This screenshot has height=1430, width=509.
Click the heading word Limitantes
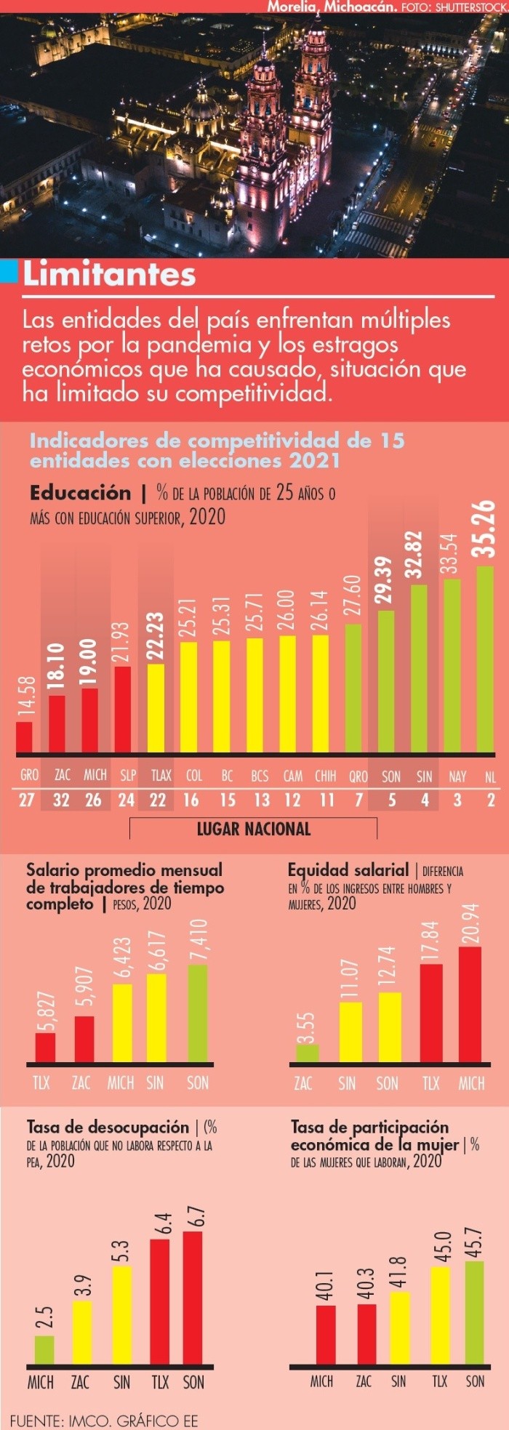[x=109, y=275]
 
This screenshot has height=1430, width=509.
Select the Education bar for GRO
[x=24, y=736]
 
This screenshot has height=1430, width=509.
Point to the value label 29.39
[x=385, y=579]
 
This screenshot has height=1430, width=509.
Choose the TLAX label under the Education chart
[x=161, y=775]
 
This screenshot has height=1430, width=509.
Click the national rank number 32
[x=61, y=800]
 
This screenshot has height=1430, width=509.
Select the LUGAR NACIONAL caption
[x=253, y=829]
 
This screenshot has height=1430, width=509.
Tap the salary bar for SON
[x=197, y=1013]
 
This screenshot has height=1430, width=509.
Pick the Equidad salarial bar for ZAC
[x=307, y=1053]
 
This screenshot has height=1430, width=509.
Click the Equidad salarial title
[x=348, y=870]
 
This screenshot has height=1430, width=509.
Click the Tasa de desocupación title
[x=108, y=1128]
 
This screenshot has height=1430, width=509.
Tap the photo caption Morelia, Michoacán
[x=332, y=7]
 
